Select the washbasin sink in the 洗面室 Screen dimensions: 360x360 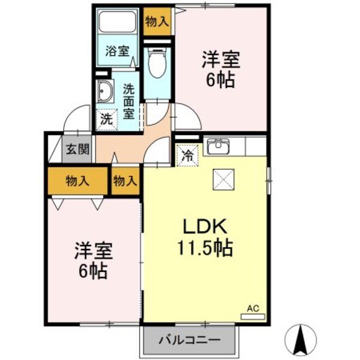(106, 92)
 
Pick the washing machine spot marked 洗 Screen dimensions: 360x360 (106, 118)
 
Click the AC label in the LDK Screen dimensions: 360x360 (253, 308)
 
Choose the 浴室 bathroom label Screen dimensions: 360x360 (118, 51)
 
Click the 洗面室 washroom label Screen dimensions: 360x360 (129, 102)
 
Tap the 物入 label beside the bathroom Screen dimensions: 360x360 (157, 22)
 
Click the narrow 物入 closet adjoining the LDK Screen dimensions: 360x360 (125, 180)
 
